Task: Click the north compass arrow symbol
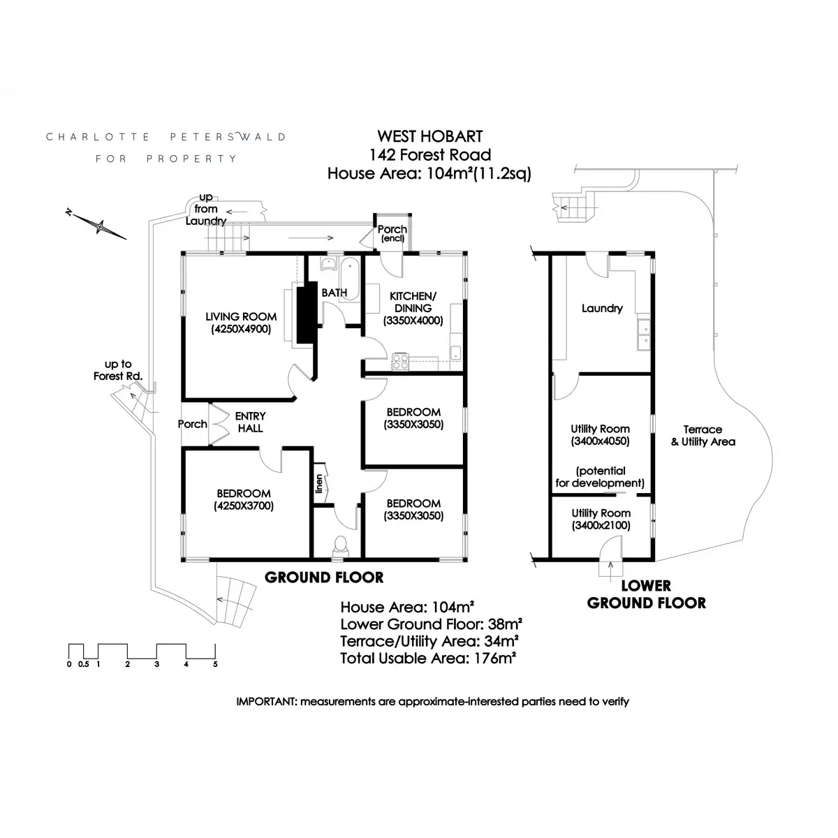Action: [x=96, y=224]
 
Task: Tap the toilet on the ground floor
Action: [x=340, y=546]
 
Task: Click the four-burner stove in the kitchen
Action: [x=400, y=361]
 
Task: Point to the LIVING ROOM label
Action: [x=241, y=316]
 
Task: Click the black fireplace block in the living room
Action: [x=307, y=313]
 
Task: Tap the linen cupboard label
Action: [x=319, y=483]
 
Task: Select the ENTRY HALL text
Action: [x=250, y=422]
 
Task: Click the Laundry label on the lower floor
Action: [x=602, y=309]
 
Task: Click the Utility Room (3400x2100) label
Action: [x=601, y=520]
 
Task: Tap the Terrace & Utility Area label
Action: [x=703, y=435]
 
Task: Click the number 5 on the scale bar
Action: [x=215, y=664]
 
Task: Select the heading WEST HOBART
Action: [x=430, y=137]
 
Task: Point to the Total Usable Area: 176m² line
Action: [x=428, y=659]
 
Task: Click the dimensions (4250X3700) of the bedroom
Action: [x=244, y=506]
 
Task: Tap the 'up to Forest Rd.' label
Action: [x=118, y=370]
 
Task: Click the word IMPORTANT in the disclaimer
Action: [x=267, y=701]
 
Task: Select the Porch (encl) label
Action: [x=392, y=233]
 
